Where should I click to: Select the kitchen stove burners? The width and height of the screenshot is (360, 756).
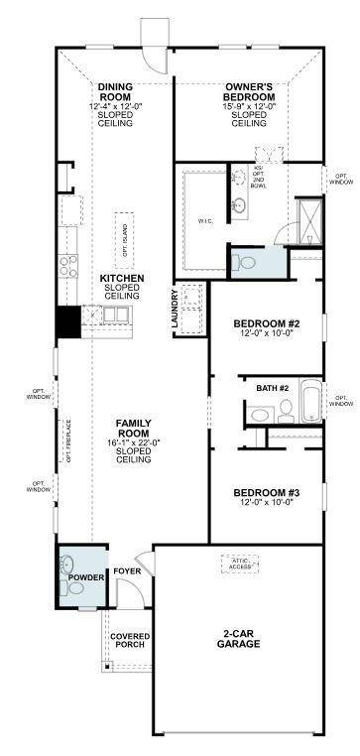pyautogui.click(x=68, y=265)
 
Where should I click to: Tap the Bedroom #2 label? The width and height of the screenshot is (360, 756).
pyautogui.click(x=266, y=324)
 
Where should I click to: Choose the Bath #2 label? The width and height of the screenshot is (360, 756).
pyautogui.click(x=272, y=388)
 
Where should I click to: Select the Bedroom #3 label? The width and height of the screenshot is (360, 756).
pyautogui.click(x=267, y=493)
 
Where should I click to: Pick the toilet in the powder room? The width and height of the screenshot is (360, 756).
pyautogui.click(x=68, y=568)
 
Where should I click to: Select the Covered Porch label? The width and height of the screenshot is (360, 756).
pyautogui.click(x=129, y=640)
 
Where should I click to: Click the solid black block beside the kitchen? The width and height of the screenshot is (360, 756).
pyautogui.click(x=67, y=322)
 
